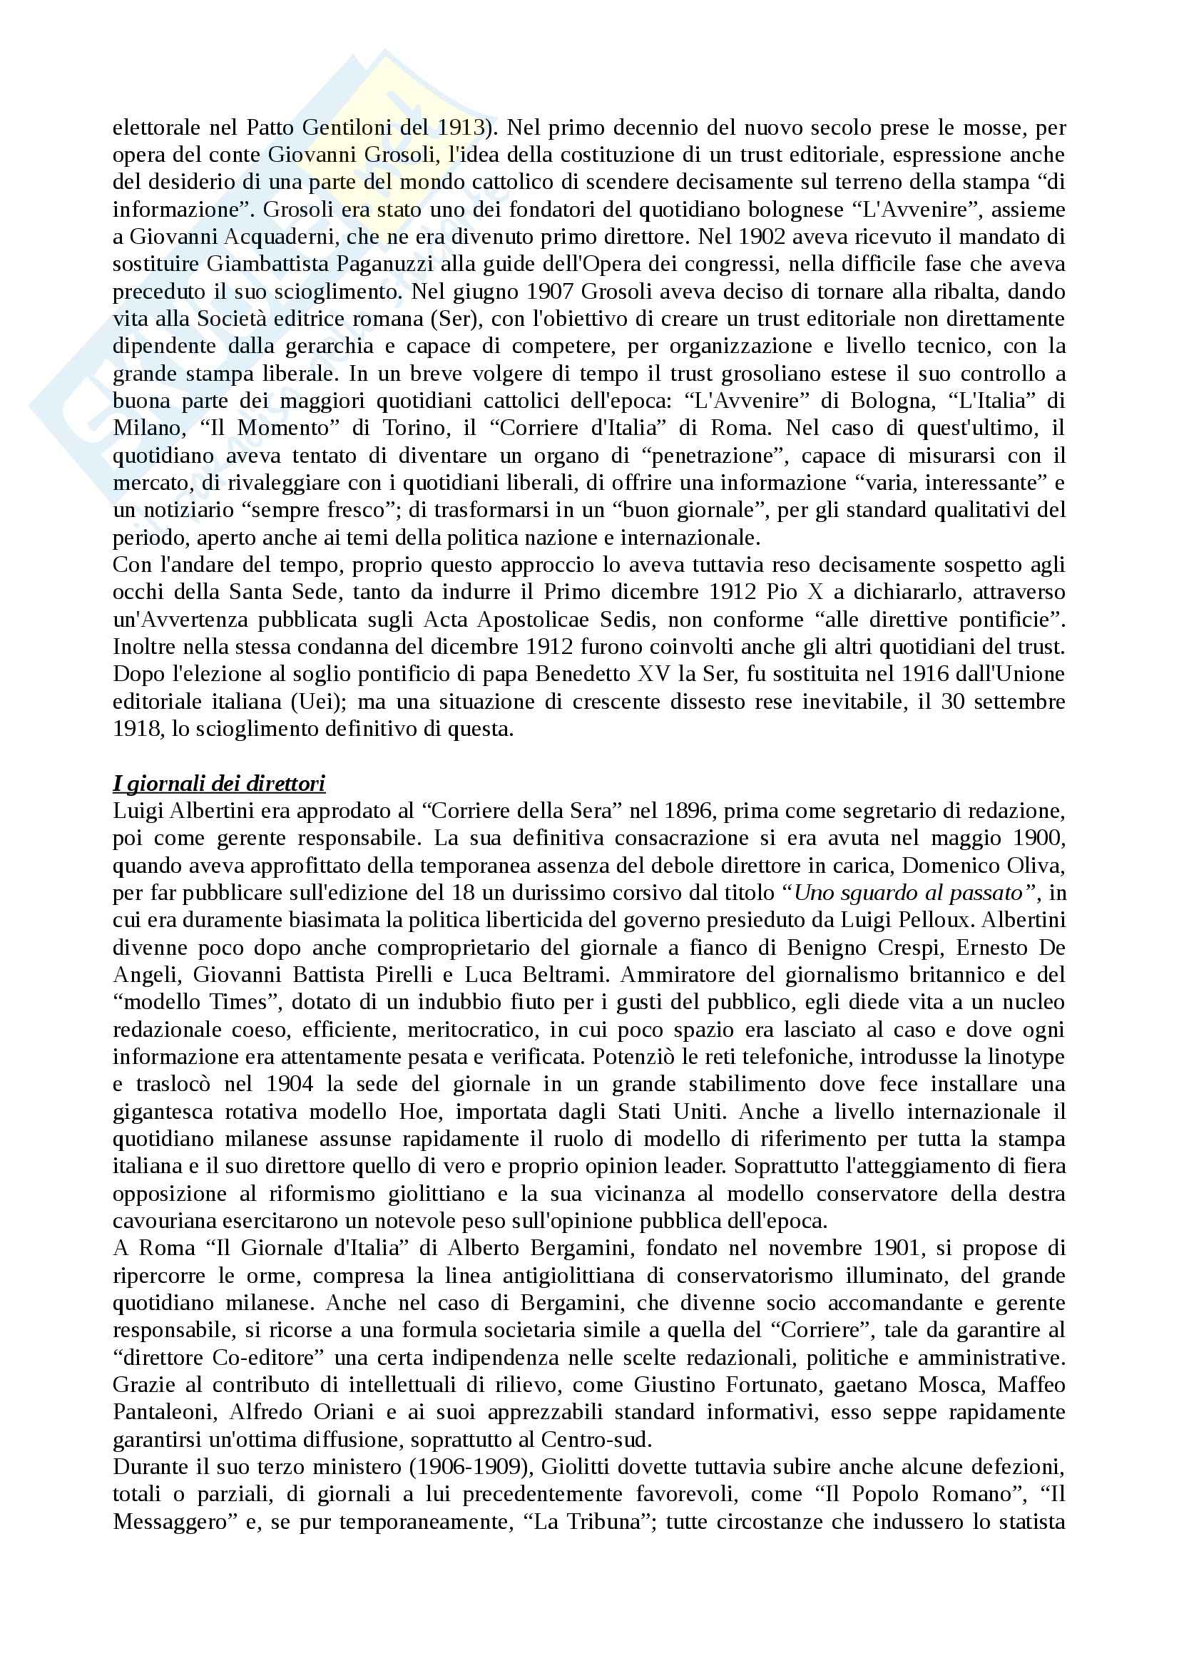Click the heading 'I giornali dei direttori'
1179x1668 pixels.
click(219, 784)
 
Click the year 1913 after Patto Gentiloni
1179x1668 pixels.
click(461, 128)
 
